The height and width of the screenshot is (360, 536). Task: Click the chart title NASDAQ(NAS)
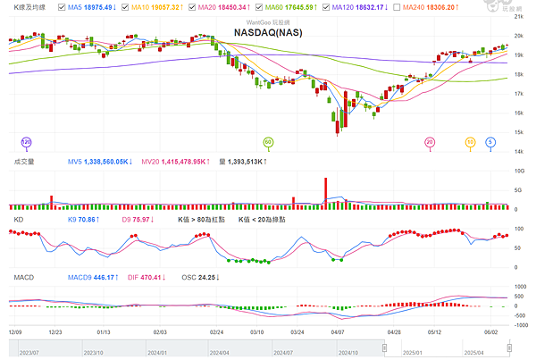267,32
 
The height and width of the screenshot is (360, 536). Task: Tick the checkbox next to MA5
63,6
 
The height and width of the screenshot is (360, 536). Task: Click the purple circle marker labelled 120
26,141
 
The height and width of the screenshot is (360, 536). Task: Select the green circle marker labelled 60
267,141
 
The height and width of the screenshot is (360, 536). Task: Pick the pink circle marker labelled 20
430,141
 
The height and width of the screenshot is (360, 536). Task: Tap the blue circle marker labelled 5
490,141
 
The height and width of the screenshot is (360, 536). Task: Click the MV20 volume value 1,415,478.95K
174,162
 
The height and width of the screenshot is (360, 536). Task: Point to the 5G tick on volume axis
516,189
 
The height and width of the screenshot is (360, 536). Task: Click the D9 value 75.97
138,218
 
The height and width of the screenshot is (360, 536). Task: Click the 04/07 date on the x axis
337,331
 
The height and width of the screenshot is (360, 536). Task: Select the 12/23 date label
55,331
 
